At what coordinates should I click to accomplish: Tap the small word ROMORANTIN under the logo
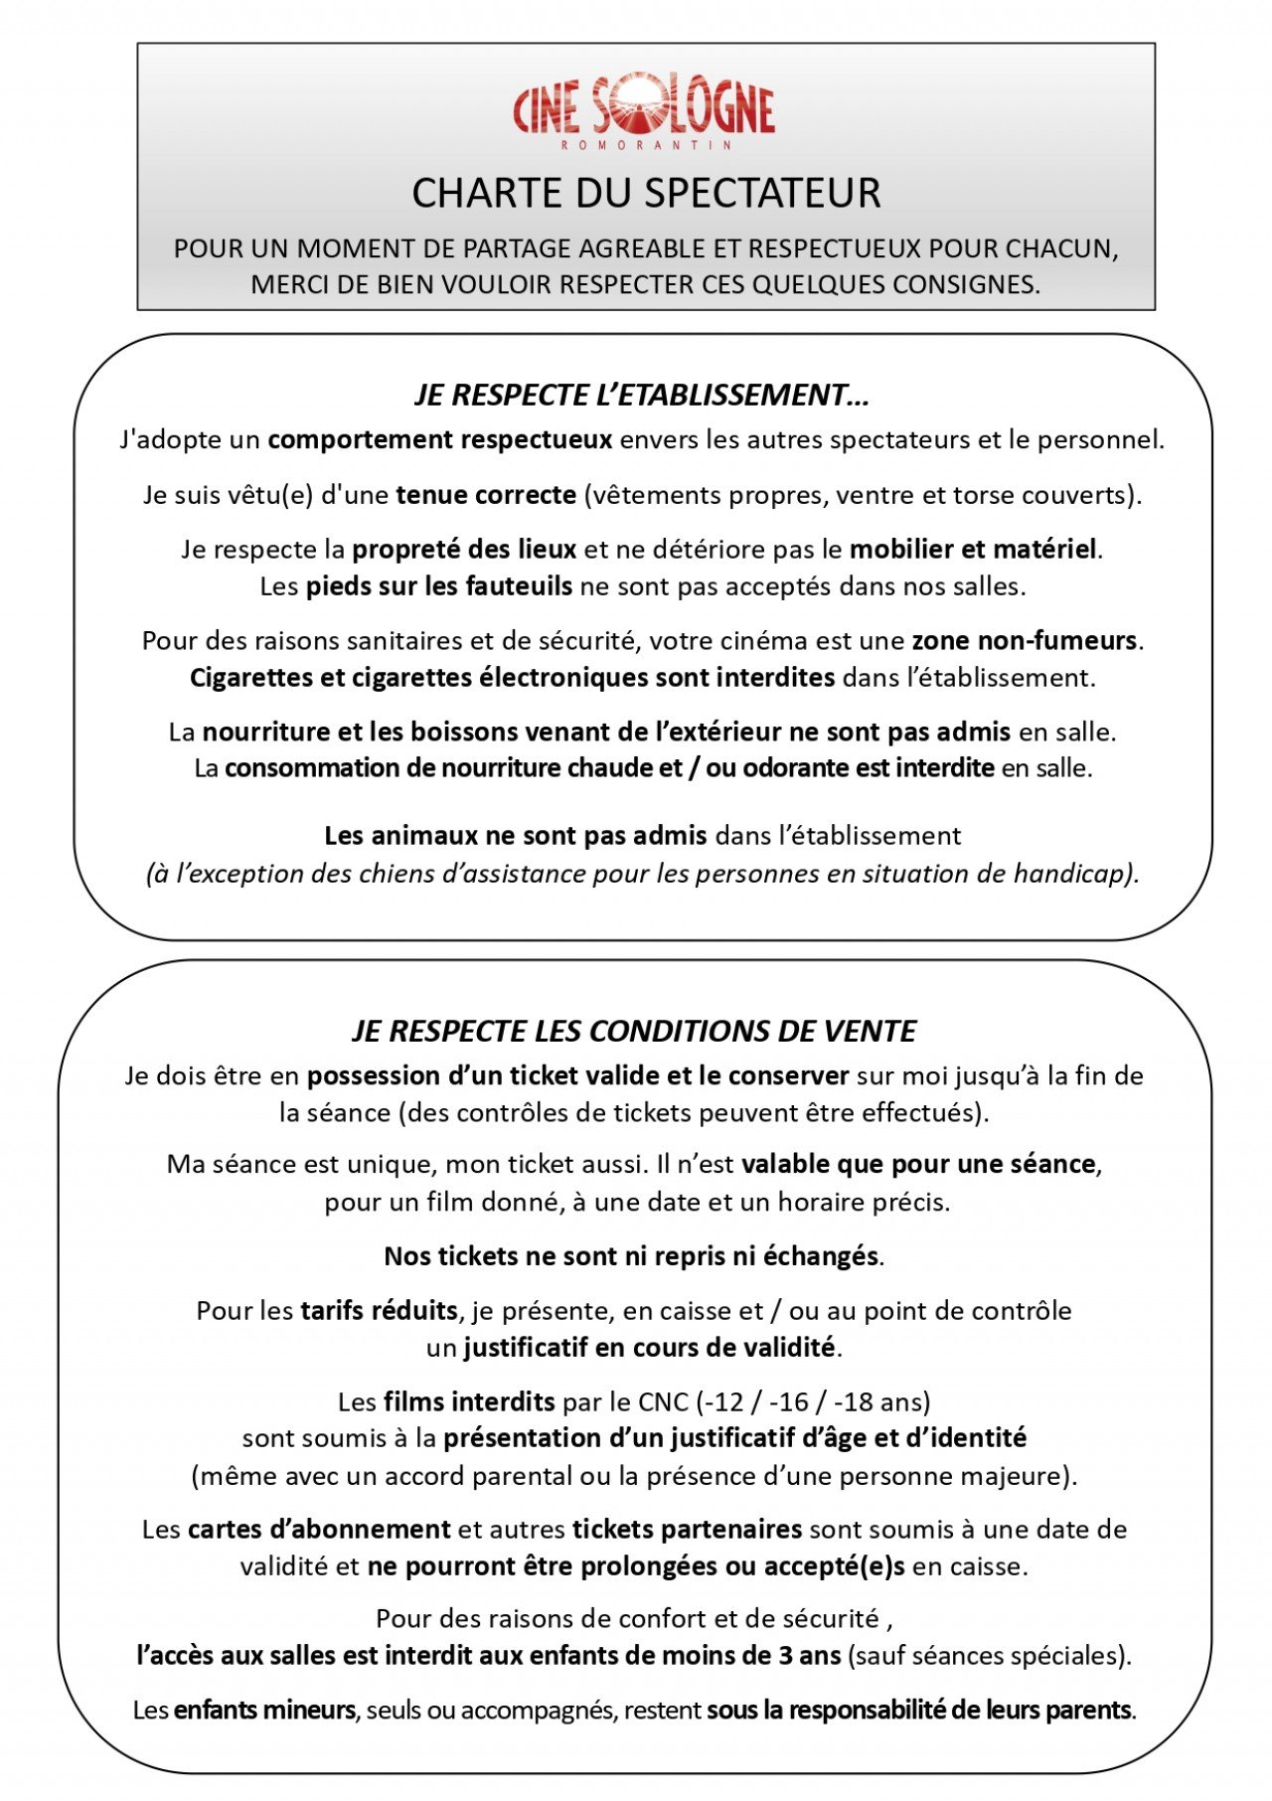pos(646,145)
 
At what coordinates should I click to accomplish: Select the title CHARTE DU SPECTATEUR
pos(646,193)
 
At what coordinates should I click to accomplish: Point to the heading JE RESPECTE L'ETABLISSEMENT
pos(642,396)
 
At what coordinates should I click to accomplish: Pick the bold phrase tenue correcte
pos(486,495)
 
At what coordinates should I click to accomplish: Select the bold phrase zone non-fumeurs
pos(1024,640)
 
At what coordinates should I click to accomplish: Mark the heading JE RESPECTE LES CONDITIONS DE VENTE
pos(634,1032)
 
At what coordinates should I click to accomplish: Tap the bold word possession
pos(374,1075)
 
